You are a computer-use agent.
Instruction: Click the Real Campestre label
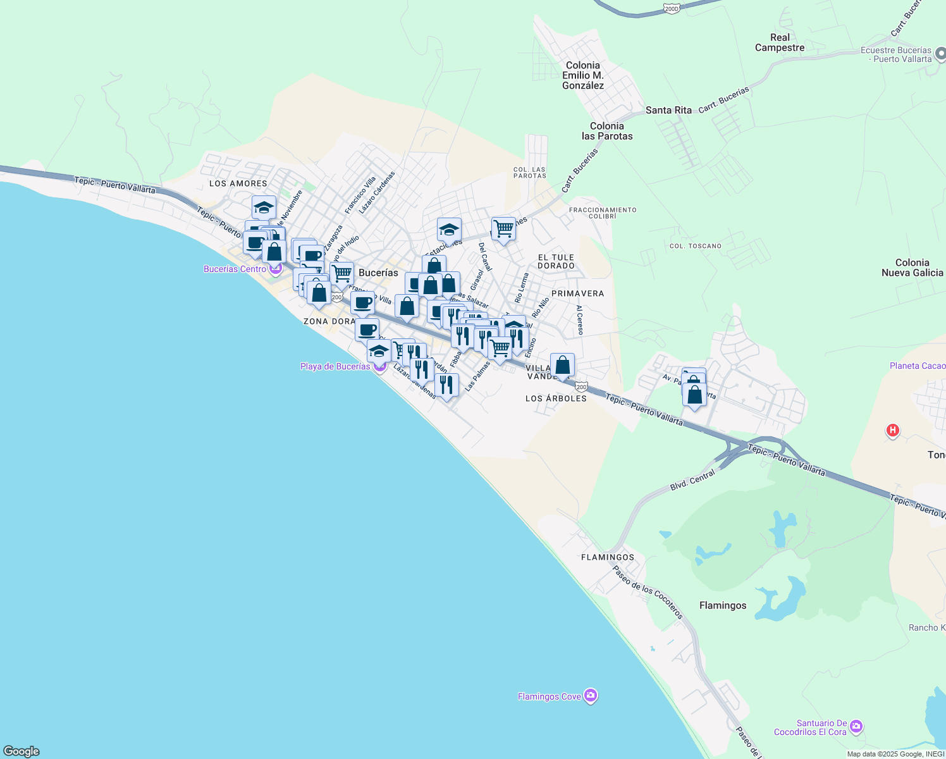780,42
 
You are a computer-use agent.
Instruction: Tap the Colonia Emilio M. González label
583,75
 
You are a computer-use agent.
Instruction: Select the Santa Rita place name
668,110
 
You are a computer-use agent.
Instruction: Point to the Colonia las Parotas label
607,131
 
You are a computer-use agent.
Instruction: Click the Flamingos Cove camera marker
591,696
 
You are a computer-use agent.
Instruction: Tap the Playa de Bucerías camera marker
379,366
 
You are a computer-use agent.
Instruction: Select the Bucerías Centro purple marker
275,269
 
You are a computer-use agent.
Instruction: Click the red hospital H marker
892,431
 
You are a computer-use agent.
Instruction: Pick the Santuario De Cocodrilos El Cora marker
856,725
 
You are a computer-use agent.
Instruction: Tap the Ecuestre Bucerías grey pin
941,54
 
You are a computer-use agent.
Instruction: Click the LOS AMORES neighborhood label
238,183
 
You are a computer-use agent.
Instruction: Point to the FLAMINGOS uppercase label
608,557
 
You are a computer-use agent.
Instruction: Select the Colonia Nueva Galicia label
912,268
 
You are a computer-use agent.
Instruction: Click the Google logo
21,751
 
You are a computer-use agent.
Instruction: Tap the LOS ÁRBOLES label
556,398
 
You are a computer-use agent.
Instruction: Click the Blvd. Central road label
692,480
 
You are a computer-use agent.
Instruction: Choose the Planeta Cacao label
917,366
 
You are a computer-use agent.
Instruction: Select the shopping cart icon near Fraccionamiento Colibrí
503,228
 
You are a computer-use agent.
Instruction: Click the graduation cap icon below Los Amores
264,207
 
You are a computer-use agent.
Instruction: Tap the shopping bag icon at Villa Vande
562,365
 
